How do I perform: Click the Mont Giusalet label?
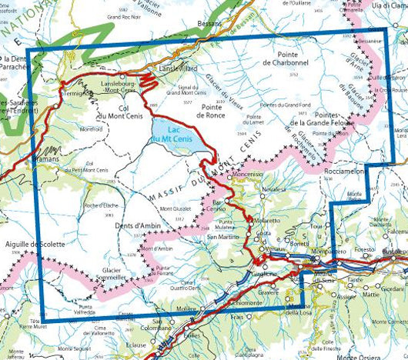tap(174, 209)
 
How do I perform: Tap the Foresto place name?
tap(363, 249)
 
